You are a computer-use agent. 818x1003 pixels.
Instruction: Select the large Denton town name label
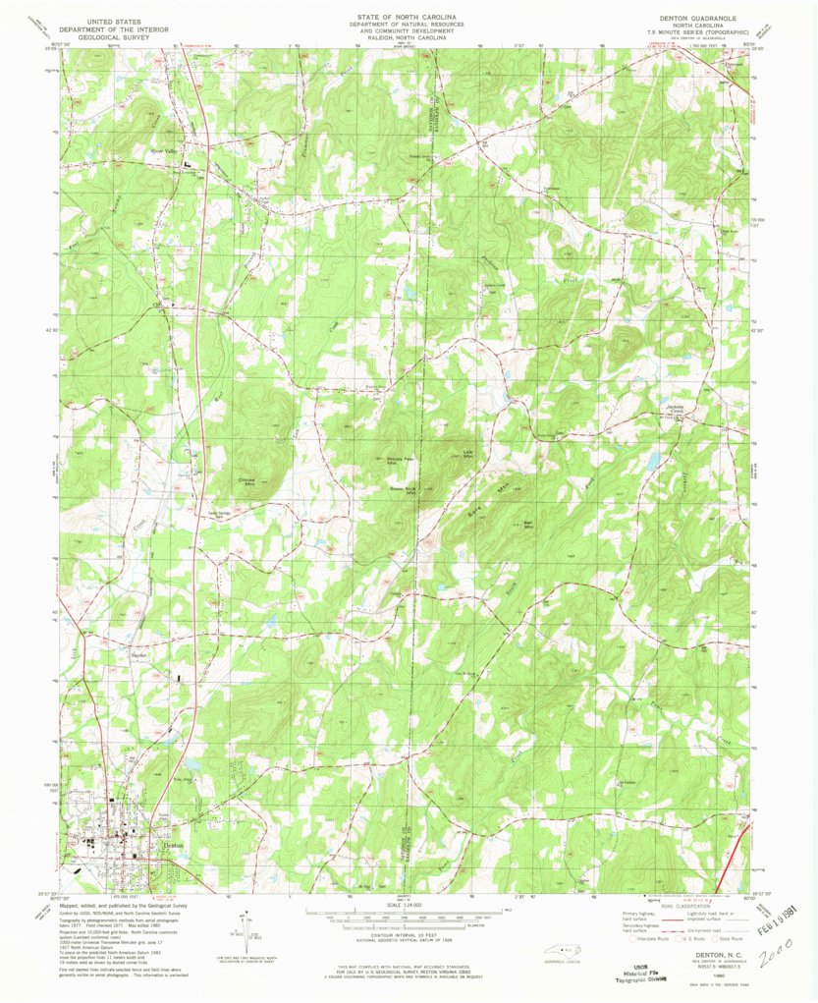(173, 844)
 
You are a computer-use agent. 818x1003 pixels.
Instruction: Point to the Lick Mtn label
(468, 453)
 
